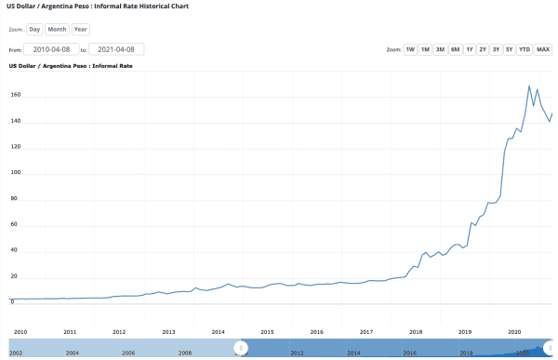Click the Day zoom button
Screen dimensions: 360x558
click(34, 29)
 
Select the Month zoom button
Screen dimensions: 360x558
click(57, 29)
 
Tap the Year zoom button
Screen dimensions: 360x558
click(81, 29)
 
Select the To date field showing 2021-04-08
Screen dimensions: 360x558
click(116, 49)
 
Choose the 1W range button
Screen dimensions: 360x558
click(410, 49)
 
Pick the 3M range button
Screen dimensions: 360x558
click(440, 49)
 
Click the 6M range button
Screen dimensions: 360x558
click(455, 49)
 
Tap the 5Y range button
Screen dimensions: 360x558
click(509, 49)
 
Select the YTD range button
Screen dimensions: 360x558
click(525, 49)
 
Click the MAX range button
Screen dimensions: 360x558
click(543, 49)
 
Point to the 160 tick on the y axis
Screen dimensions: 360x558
click(15, 96)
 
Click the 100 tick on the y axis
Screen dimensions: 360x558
click(15, 174)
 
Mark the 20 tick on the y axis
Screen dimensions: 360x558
click(15, 277)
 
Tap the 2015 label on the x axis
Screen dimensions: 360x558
click(267, 331)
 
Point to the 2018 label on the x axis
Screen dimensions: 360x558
click(416, 331)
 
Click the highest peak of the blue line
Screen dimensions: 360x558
click(529, 86)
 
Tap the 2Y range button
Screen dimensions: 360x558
click(483, 49)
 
